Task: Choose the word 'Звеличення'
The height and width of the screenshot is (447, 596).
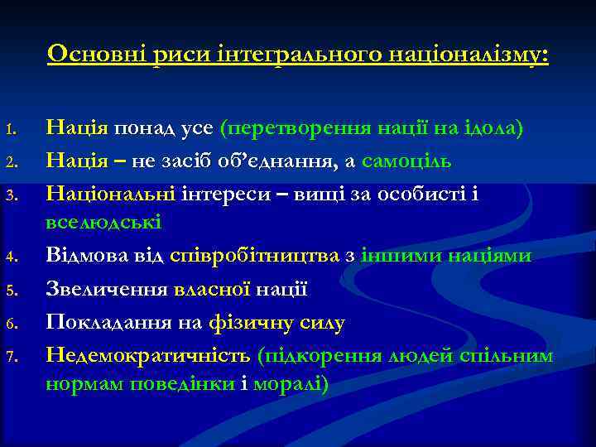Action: (108, 290)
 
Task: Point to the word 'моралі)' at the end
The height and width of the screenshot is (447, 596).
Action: (295, 385)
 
